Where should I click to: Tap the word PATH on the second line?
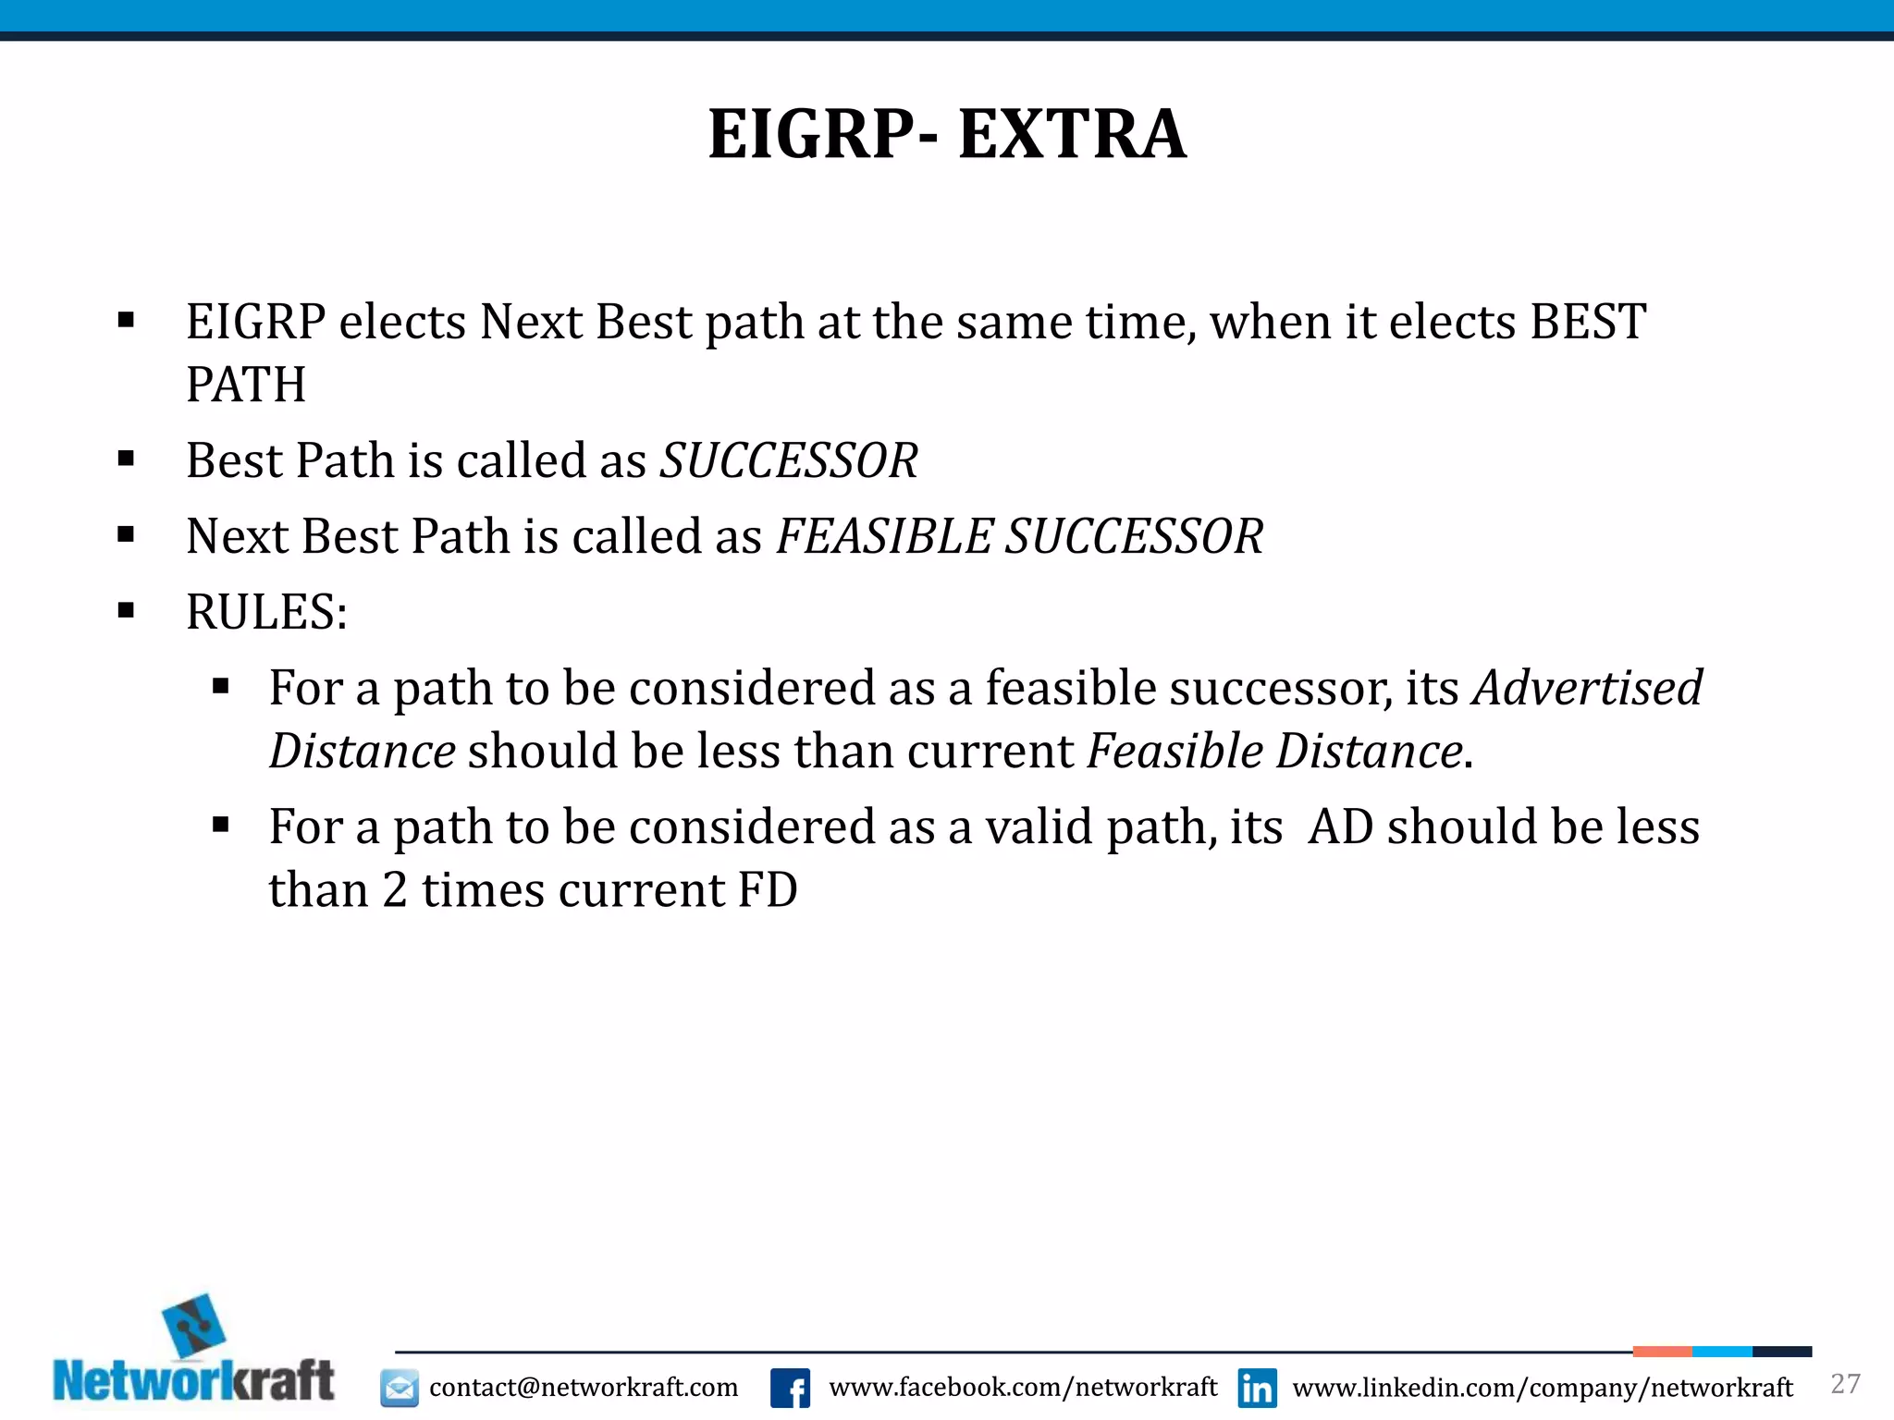point(245,385)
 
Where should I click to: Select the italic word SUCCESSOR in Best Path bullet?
point(788,460)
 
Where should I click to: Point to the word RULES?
point(266,612)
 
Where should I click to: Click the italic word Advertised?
point(1587,688)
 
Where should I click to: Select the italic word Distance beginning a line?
point(362,751)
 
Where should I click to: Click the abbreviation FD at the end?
point(767,890)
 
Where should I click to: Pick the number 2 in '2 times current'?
point(395,890)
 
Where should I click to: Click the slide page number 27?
point(1845,1383)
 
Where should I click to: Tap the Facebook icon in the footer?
point(790,1388)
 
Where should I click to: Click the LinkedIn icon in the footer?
point(1257,1388)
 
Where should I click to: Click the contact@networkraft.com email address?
point(584,1388)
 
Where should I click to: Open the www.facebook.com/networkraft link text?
point(1023,1387)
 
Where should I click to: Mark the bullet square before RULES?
point(127,610)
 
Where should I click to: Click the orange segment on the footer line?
point(1661,1352)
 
